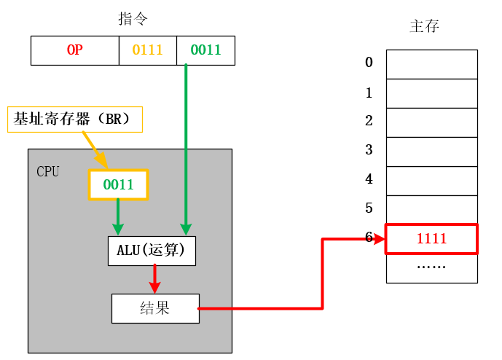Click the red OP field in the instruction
pyautogui.click(x=74, y=50)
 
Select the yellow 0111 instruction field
pyautogui.click(x=148, y=50)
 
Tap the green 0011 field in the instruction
pyautogui.click(x=205, y=50)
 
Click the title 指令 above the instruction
pyautogui.click(x=133, y=19)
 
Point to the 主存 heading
pyautogui.click(x=424, y=27)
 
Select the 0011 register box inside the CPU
pyautogui.click(x=118, y=184)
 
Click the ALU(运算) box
pyautogui.click(x=152, y=251)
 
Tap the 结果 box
pyautogui.click(x=154, y=308)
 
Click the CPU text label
pyautogui.click(x=48, y=172)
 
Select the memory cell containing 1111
pyautogui.click(x=431, y=239)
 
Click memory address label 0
pyautogui.click(x=369, y=63)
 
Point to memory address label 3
pyautogui.click(x=369, y=150)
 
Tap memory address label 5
pyautogui.click(x=369, y=208)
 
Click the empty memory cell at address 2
pyautogui.click(x=431, y=122)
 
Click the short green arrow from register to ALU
pyautogui.click(x=118, y=217)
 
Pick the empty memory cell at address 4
pyautogui.click(x=431, y=181)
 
